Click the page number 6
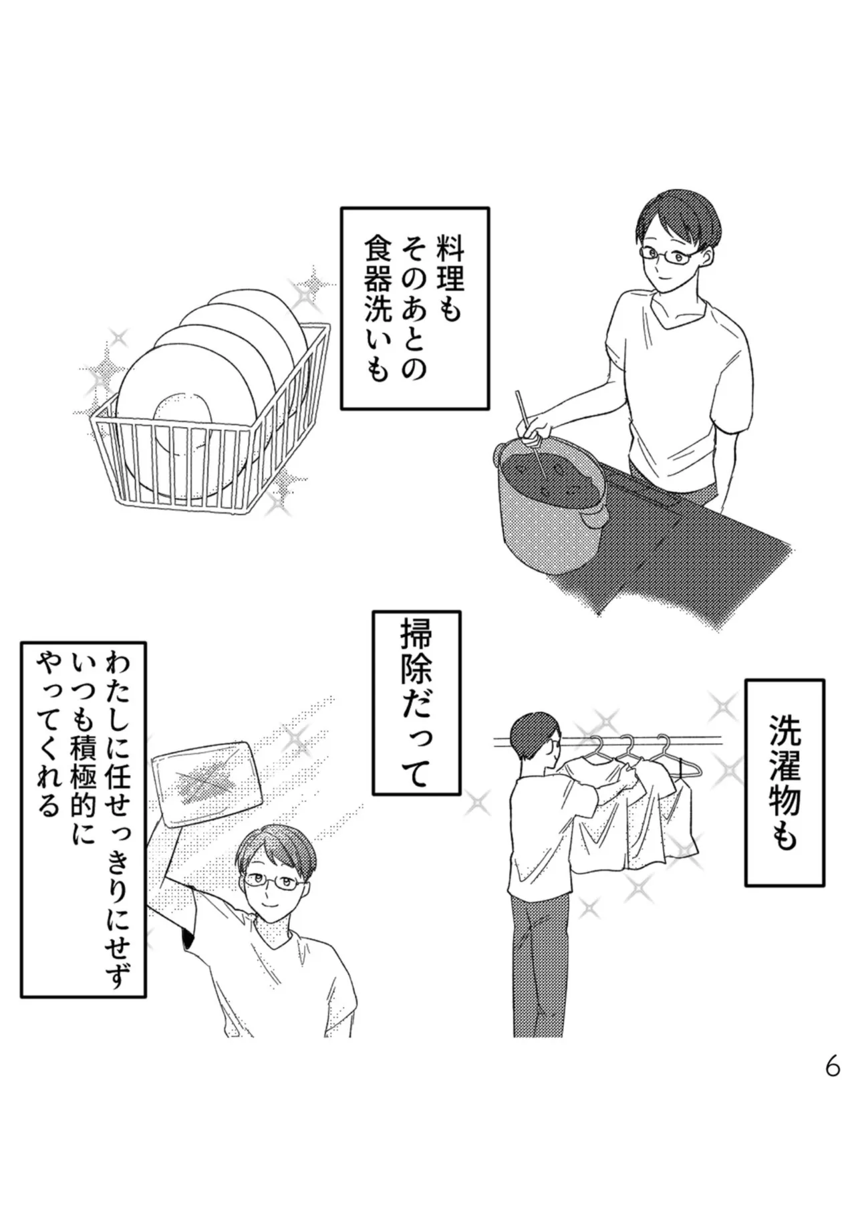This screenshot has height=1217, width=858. (x=832, y=1067)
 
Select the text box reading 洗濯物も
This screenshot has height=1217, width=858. (x=784, y=783)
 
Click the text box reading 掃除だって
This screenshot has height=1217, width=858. (x=415, y=702)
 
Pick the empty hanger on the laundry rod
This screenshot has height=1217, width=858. (x=685, y=762)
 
